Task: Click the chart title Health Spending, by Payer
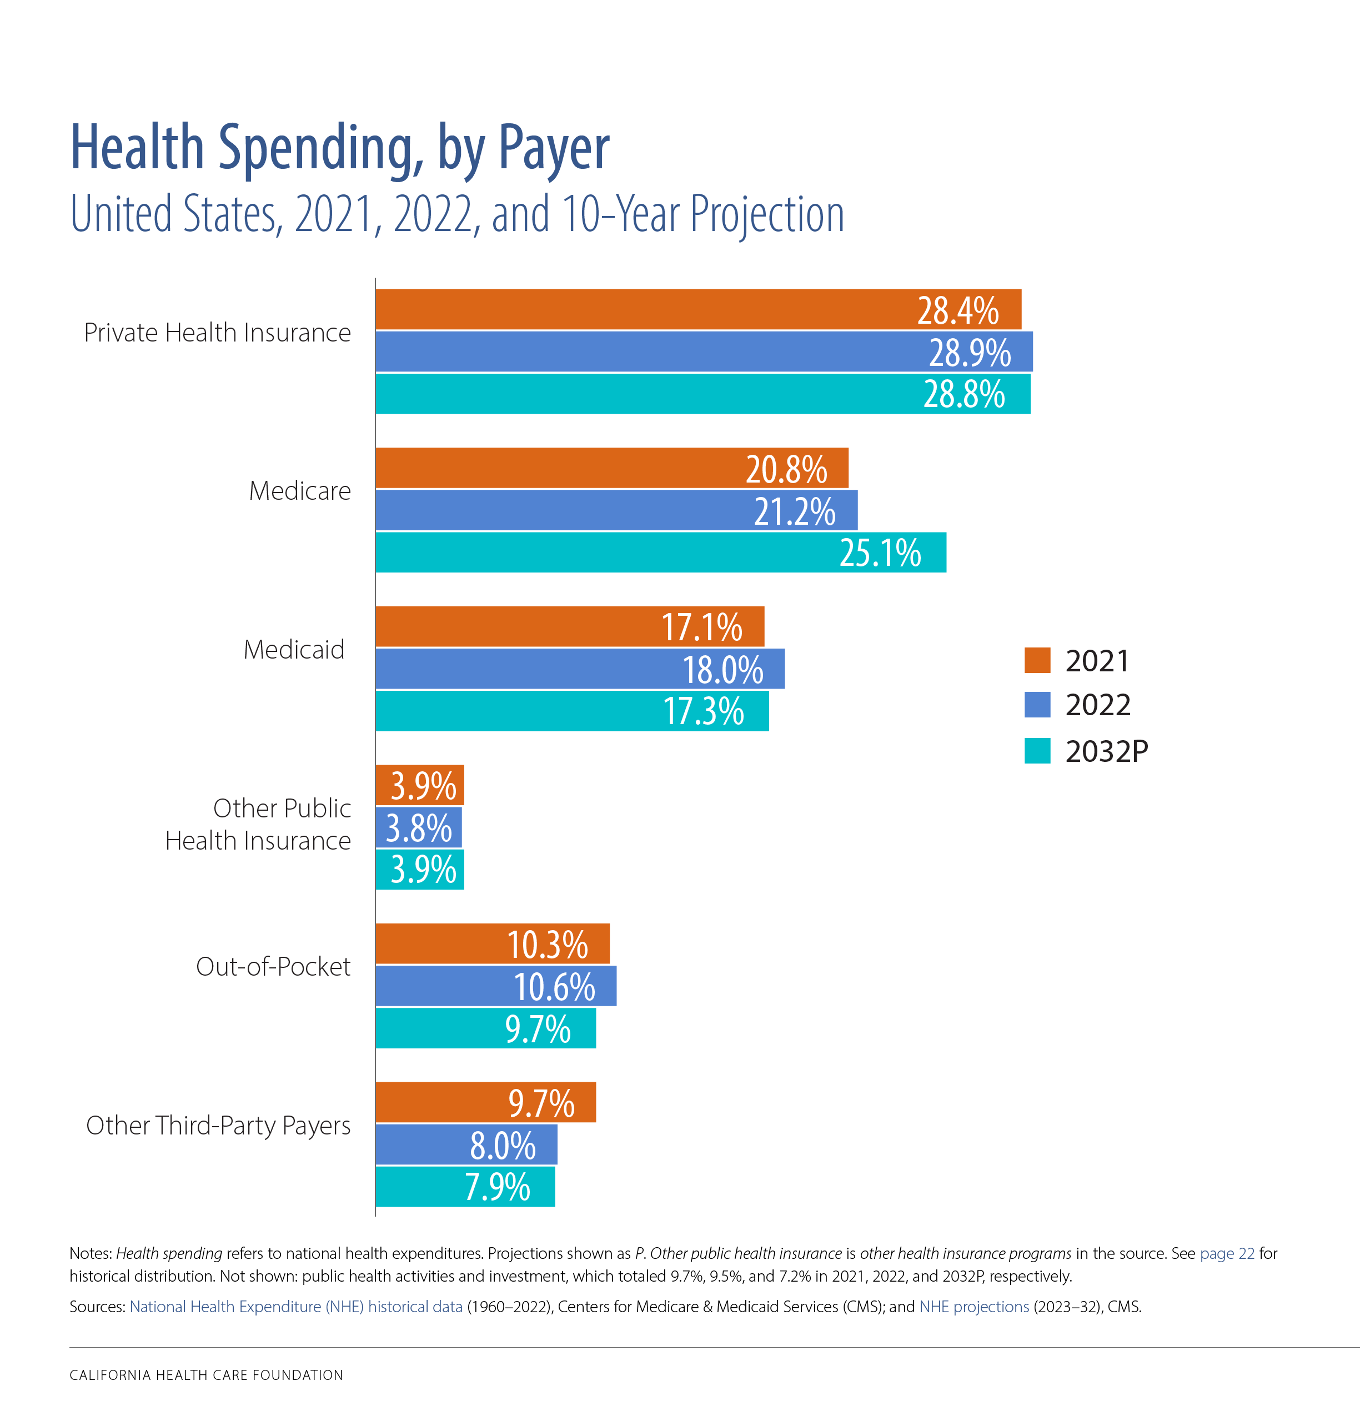[340, 148]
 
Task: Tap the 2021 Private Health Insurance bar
[697, 310]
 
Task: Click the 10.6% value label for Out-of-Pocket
[554, 987]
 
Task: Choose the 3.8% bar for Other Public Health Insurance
[418, 828]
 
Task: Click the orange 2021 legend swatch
[1037, 660]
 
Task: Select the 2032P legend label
[1106, 751]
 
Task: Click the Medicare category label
[300, 491]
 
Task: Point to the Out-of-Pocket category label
[273, 967]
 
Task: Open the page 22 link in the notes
[1227, 1253]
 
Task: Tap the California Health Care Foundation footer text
[206, 1375]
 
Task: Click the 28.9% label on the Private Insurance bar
[969, 353]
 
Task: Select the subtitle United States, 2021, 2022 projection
[456, 214]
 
